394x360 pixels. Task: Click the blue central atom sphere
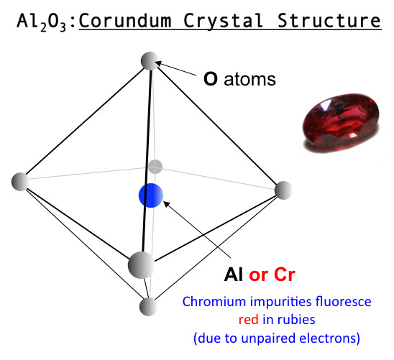point(151,195)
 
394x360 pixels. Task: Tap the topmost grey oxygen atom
point(150,61)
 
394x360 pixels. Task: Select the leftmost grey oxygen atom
point(21,182)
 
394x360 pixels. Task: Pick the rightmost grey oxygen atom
point(284,190)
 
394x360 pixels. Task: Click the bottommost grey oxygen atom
point(149,307)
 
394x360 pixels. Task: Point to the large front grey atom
point(141,265)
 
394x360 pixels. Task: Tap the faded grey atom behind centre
point(155,167)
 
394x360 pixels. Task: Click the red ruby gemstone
point(341,123)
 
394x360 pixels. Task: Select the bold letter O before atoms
point(211,79)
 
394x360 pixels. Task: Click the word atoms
point(249,79)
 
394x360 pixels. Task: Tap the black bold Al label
point(234,274)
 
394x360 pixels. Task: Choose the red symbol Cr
point(285,274)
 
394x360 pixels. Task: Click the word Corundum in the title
point(125,21)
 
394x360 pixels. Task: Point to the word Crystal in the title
point(223,21)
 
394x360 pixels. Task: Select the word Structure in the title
point(329,21)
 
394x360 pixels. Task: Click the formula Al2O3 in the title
point(42,22)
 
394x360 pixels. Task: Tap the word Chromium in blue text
point(214,301)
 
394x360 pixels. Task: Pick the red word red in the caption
point(248,320)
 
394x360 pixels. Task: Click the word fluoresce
point(343,301)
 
